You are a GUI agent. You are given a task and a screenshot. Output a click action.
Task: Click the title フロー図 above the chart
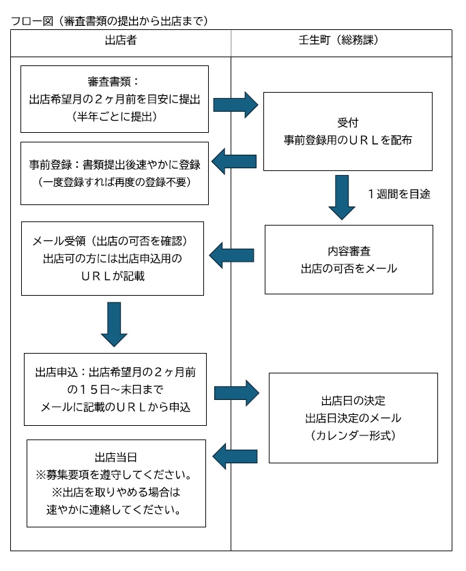pos(109,20)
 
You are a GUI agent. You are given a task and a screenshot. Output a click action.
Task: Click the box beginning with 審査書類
pos(114,99)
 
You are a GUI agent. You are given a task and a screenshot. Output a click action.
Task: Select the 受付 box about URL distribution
pos(347,131)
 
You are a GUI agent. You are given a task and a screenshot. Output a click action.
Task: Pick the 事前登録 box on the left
pos(114,173)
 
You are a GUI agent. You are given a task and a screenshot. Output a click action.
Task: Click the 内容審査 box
pos(349,259)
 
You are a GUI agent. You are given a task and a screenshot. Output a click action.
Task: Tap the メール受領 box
pos(113,258)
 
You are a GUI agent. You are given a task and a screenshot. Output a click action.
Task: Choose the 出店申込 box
pos(115,389)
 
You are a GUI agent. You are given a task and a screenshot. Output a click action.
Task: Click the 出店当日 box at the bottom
pos(115,482)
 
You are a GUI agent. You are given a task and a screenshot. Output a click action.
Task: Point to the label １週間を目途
pos(398,194)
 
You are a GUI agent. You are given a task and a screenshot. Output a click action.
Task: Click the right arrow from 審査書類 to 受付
pos(235,104)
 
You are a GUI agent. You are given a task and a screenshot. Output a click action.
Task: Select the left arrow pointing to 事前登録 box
pos(233,161)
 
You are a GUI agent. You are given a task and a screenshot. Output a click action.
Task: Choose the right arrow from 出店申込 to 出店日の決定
pos(237,392)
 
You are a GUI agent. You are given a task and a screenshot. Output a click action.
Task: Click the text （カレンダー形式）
pos(353,434)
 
